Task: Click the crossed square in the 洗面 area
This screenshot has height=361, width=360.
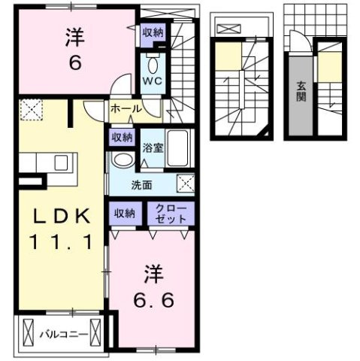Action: (185, 182)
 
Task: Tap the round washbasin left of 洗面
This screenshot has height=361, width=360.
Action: (120, 160)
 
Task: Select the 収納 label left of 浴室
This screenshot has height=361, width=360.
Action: (123, 137)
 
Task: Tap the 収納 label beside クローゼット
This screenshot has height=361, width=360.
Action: (125, 214)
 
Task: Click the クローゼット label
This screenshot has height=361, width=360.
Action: (169, 213)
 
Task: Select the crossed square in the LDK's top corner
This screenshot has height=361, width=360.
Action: (32, 111)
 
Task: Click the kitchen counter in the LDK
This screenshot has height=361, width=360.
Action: (45, 162)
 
